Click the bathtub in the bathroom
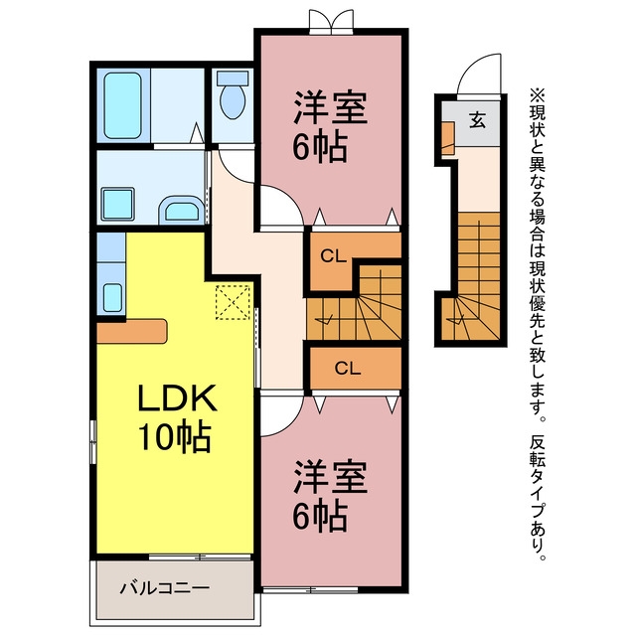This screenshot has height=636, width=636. pyautogui.click(x=123, y=105)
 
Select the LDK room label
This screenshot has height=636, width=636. pyautogui.click(x=177, y=397)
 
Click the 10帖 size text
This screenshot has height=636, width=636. pyautogui.click(x=175, y=437)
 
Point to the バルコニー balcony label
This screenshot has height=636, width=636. pyautogui.click(x=165, y=587)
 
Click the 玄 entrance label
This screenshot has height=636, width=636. pyautogui.click(x=477, y=120)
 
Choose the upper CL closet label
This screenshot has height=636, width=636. pyautogui.click(x=334, y=256)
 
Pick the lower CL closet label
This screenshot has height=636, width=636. pyautogui.click(x=348, y=368)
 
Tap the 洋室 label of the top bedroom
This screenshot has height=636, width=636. pyautogui.click(x=331, y=108)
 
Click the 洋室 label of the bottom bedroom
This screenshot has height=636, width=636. pyautogui.click(x=331, y=477)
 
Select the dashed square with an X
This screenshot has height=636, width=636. pyautogui.click(x=233, y=302)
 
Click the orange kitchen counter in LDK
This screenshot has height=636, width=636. pyautogui.click(x=132, y=331)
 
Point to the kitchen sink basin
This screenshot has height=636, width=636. pyautogui.click(x=112, y=297)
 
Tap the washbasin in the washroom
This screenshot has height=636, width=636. pyautogui.click(x=182, y=210)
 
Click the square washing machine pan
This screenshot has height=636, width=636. pyautogui.click(x=117, y=204)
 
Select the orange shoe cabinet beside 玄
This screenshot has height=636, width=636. pyautogui.click(x=448, y=138)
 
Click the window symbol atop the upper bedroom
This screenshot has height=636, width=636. pyautogui.click(x=331, y=22)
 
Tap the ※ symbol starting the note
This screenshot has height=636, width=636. pyautogui.click(x=537, y=95)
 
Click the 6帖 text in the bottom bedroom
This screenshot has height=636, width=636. pyautogui.click(x=320, y=517)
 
